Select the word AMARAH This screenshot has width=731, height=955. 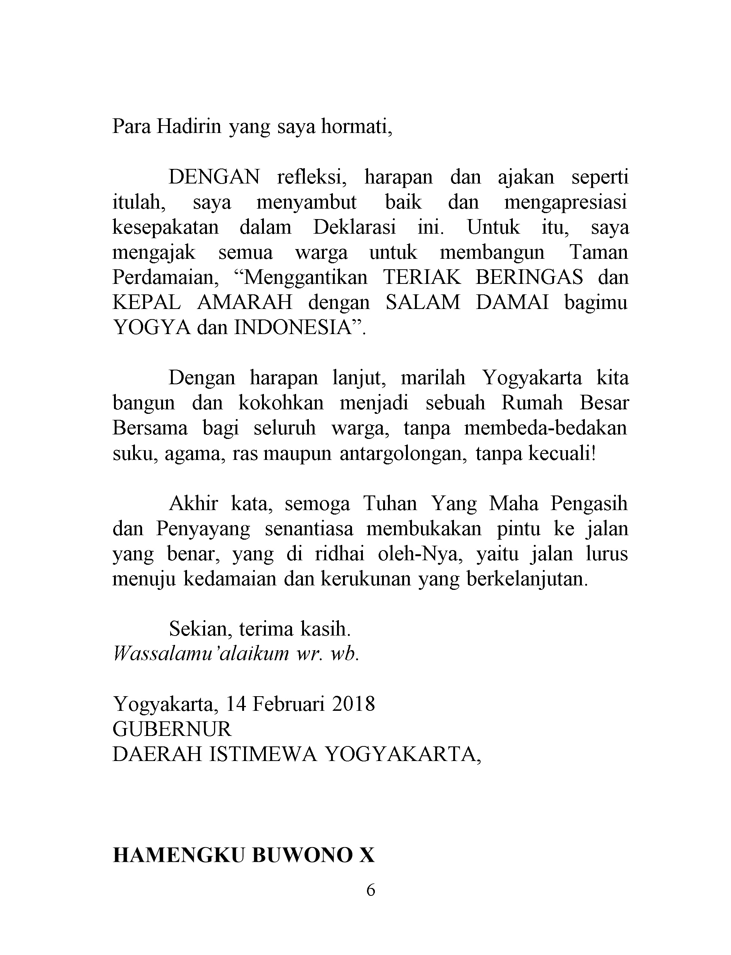[244, 303]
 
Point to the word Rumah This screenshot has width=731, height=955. [531, 403]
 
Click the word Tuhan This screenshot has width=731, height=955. [389, 504]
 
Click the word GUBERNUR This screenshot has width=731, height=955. [172, 729]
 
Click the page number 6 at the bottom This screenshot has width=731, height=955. [371, 891]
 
